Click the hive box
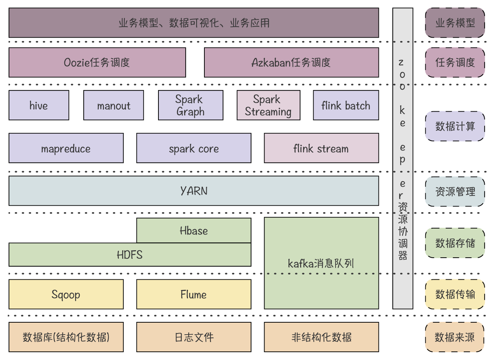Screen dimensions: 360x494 (x=39, y=105)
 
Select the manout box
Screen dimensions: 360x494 (x=114, y=105)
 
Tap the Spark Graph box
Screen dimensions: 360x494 (x=191, y=105)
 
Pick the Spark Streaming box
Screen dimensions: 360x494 (x=268, y=105)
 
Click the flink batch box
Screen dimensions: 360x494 (x=346, y=105)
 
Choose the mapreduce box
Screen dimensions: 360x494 (x=66, y=148)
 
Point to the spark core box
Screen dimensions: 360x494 (x=194, y=148)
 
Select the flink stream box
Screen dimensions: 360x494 (x=321, y=148)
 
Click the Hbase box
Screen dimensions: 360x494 (x=194, y=230)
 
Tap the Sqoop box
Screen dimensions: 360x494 (x=66, y=294)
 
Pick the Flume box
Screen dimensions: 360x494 (x=194, y=294)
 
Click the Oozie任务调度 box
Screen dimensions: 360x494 (x=97, y=62)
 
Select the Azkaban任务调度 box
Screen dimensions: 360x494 (x=291, y=62)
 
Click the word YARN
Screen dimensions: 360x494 (x=194, y=191)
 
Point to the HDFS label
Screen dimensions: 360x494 (x=130, y=255)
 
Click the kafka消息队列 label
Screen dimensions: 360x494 (x=321, y=264)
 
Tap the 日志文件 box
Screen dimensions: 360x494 (x=194, y=337)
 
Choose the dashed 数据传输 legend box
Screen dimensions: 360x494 (x=455, y=294)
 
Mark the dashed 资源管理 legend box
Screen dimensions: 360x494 (x=455, y=192)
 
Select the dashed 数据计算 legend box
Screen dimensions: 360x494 (x=455, y=126)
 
